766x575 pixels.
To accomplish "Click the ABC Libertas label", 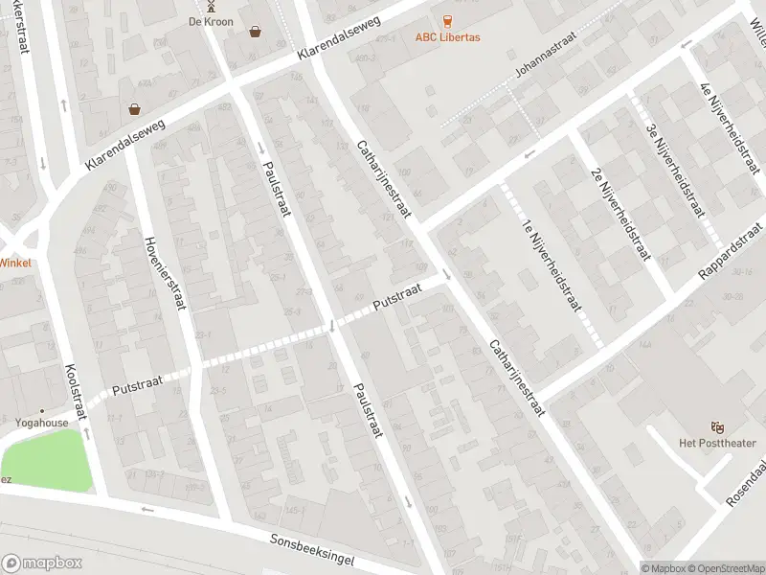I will [447, 37].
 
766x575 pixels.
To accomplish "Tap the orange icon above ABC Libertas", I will [447, 21].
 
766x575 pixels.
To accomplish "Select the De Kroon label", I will [211, 21].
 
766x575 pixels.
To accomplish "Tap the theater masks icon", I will [715, 426].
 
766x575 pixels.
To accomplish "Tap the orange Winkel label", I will [15, 263].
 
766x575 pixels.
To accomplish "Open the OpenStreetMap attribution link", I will [725, 568].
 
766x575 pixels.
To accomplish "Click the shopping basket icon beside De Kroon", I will [256, 31].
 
